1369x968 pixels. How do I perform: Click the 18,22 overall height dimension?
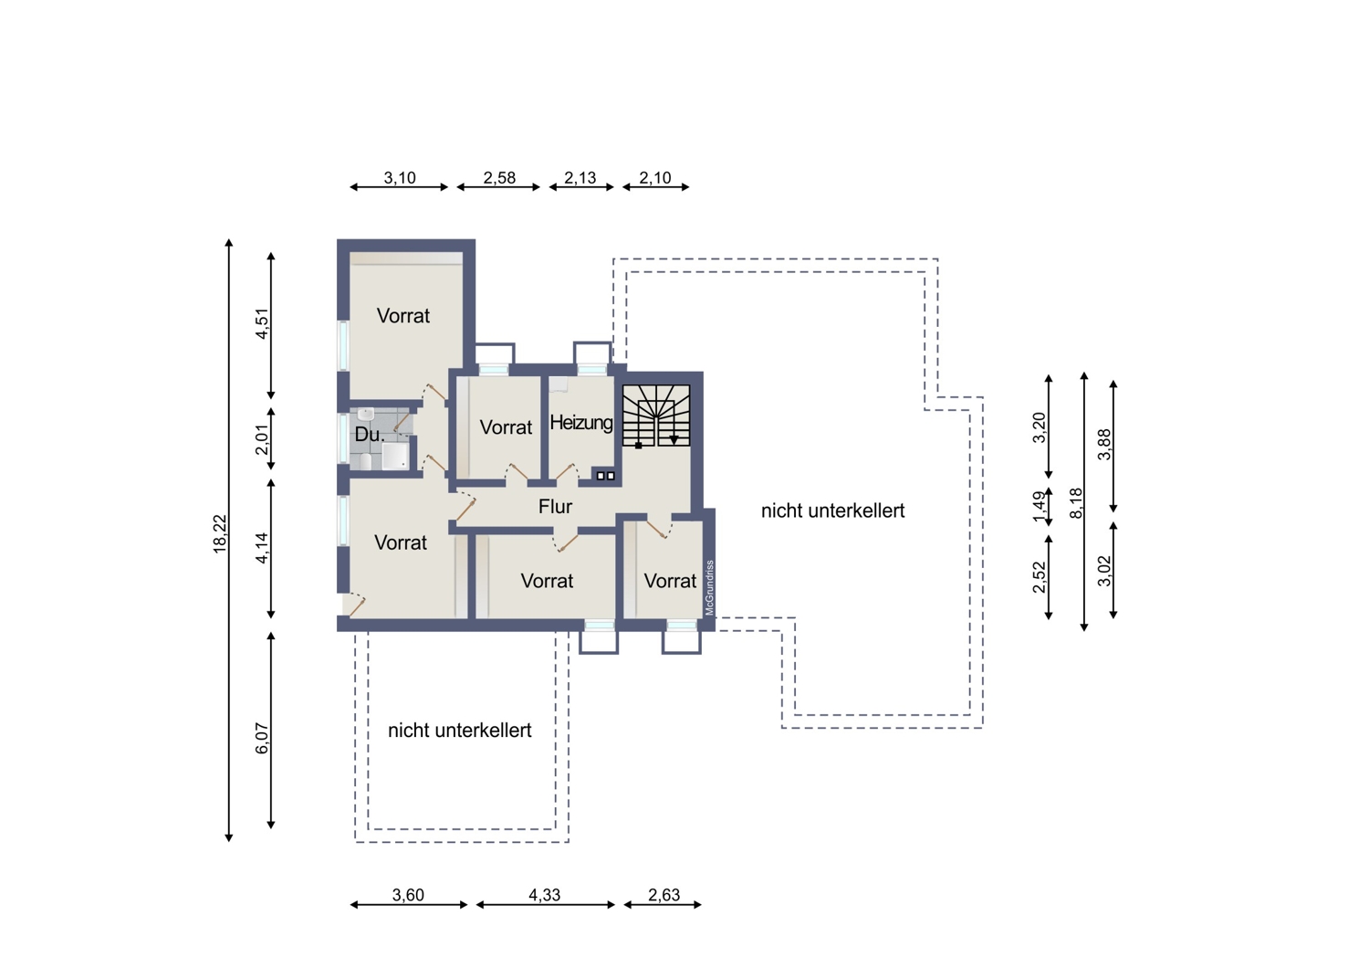tap(220, 534)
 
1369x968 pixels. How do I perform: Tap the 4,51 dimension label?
tap(262, 323)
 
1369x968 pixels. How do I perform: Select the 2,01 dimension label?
tap(262, 439)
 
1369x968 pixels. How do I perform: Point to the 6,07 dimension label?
tap(262, 738)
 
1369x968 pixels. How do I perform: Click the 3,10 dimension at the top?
tap(400, 178)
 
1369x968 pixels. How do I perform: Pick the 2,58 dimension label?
tap(499, 178)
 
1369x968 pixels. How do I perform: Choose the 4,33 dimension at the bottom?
tap(545, 895)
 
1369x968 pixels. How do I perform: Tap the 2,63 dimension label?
tap(664, 895)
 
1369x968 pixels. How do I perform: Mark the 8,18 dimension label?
tap(1076, 502)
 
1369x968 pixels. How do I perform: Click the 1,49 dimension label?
tap(1040, 507)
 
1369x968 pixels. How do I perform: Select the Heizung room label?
tap(581, 423)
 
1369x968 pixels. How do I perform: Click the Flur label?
tap(555, 506)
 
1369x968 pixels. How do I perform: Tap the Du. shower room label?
tap(369, 435)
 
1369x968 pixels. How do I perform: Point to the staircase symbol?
tap(656, 416)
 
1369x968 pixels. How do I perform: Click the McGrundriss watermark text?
tap(709, 587)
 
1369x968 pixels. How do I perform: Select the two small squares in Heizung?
tap(605, 476)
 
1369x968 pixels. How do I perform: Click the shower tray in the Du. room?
tap(395, 457)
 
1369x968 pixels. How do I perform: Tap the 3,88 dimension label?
tap(1104, 445)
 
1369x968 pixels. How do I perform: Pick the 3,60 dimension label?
tap(408, 895)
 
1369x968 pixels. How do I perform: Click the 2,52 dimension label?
tap(1040, 576)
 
